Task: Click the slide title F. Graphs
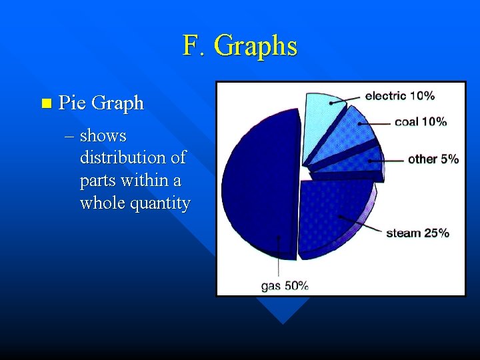(240, 46)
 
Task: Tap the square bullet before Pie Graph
(45, 103)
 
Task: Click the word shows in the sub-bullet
(103, 136)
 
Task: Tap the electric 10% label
(400, 95)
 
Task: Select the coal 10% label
(421, 121)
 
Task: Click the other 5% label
(433, 159)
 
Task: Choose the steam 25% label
(417, 233)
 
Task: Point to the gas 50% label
(285, 285)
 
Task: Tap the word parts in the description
(96, 181)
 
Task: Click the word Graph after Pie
(117, 103)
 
